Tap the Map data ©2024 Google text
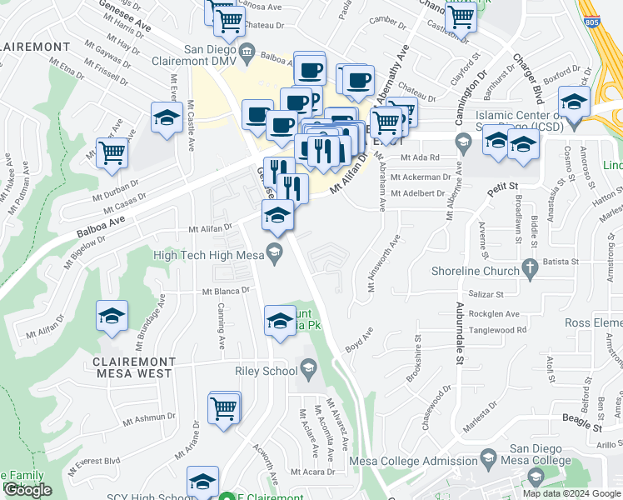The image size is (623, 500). point(572,493)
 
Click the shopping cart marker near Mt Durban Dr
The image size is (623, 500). point(112,153)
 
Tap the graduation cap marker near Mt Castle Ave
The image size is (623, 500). point(167,118)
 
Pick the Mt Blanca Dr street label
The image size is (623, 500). point(226,292)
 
